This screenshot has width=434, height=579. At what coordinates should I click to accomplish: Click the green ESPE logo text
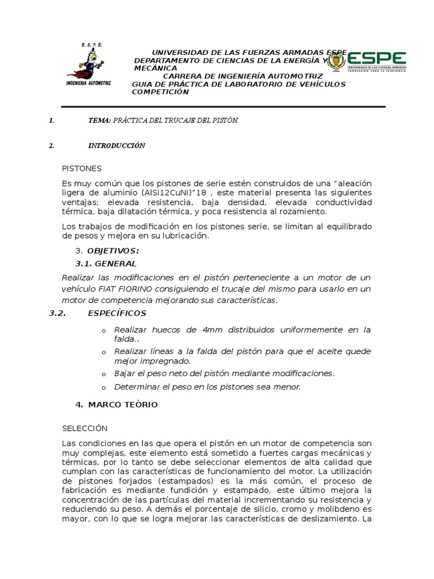coord(376,58)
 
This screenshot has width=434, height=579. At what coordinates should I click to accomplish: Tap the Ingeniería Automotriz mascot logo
coord(88,64)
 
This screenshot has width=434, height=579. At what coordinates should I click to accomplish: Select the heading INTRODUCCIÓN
coord(117,145)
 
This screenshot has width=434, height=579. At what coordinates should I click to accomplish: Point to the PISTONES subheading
coord(81,168)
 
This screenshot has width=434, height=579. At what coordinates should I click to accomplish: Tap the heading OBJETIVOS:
coord(113,250)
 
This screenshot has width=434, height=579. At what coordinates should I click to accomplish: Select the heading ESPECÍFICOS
coord(117,313)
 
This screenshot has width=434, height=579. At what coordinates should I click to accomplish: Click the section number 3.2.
coord(59,313)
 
